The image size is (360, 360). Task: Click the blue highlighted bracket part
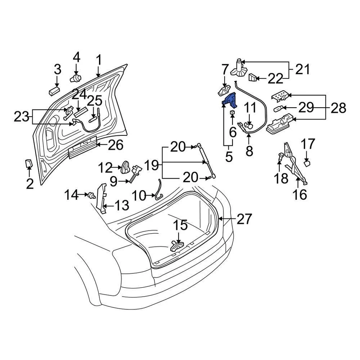[229, 100]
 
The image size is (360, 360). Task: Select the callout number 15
[179, 225]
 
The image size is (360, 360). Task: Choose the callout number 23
[21, 117]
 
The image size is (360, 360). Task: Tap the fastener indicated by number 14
[91, 195]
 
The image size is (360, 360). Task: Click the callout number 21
[303, 69]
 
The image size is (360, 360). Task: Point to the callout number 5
[229, 156]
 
